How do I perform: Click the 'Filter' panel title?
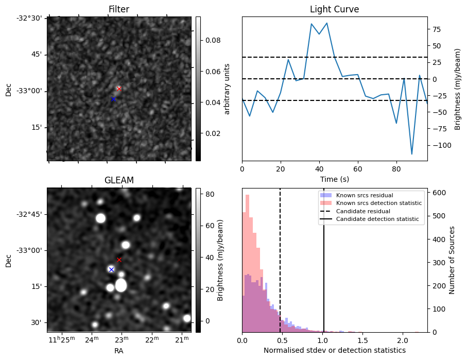tap(119, 9)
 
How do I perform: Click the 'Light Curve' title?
tap(334, 9)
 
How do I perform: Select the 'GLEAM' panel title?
tap(119, 180)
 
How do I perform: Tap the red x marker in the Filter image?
tap(119, 89)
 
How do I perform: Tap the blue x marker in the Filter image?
tap(113, 99)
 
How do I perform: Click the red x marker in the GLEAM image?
tap(119, 260)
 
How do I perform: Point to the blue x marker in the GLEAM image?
tap(111, 269)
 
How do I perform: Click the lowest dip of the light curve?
tap(412, 154)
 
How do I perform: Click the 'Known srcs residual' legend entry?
tap(364, 196)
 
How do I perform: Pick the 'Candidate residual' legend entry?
tap(363, 211)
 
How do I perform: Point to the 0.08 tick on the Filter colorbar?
tap(210, 40)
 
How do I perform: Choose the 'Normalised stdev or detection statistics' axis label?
tap(335, 350)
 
